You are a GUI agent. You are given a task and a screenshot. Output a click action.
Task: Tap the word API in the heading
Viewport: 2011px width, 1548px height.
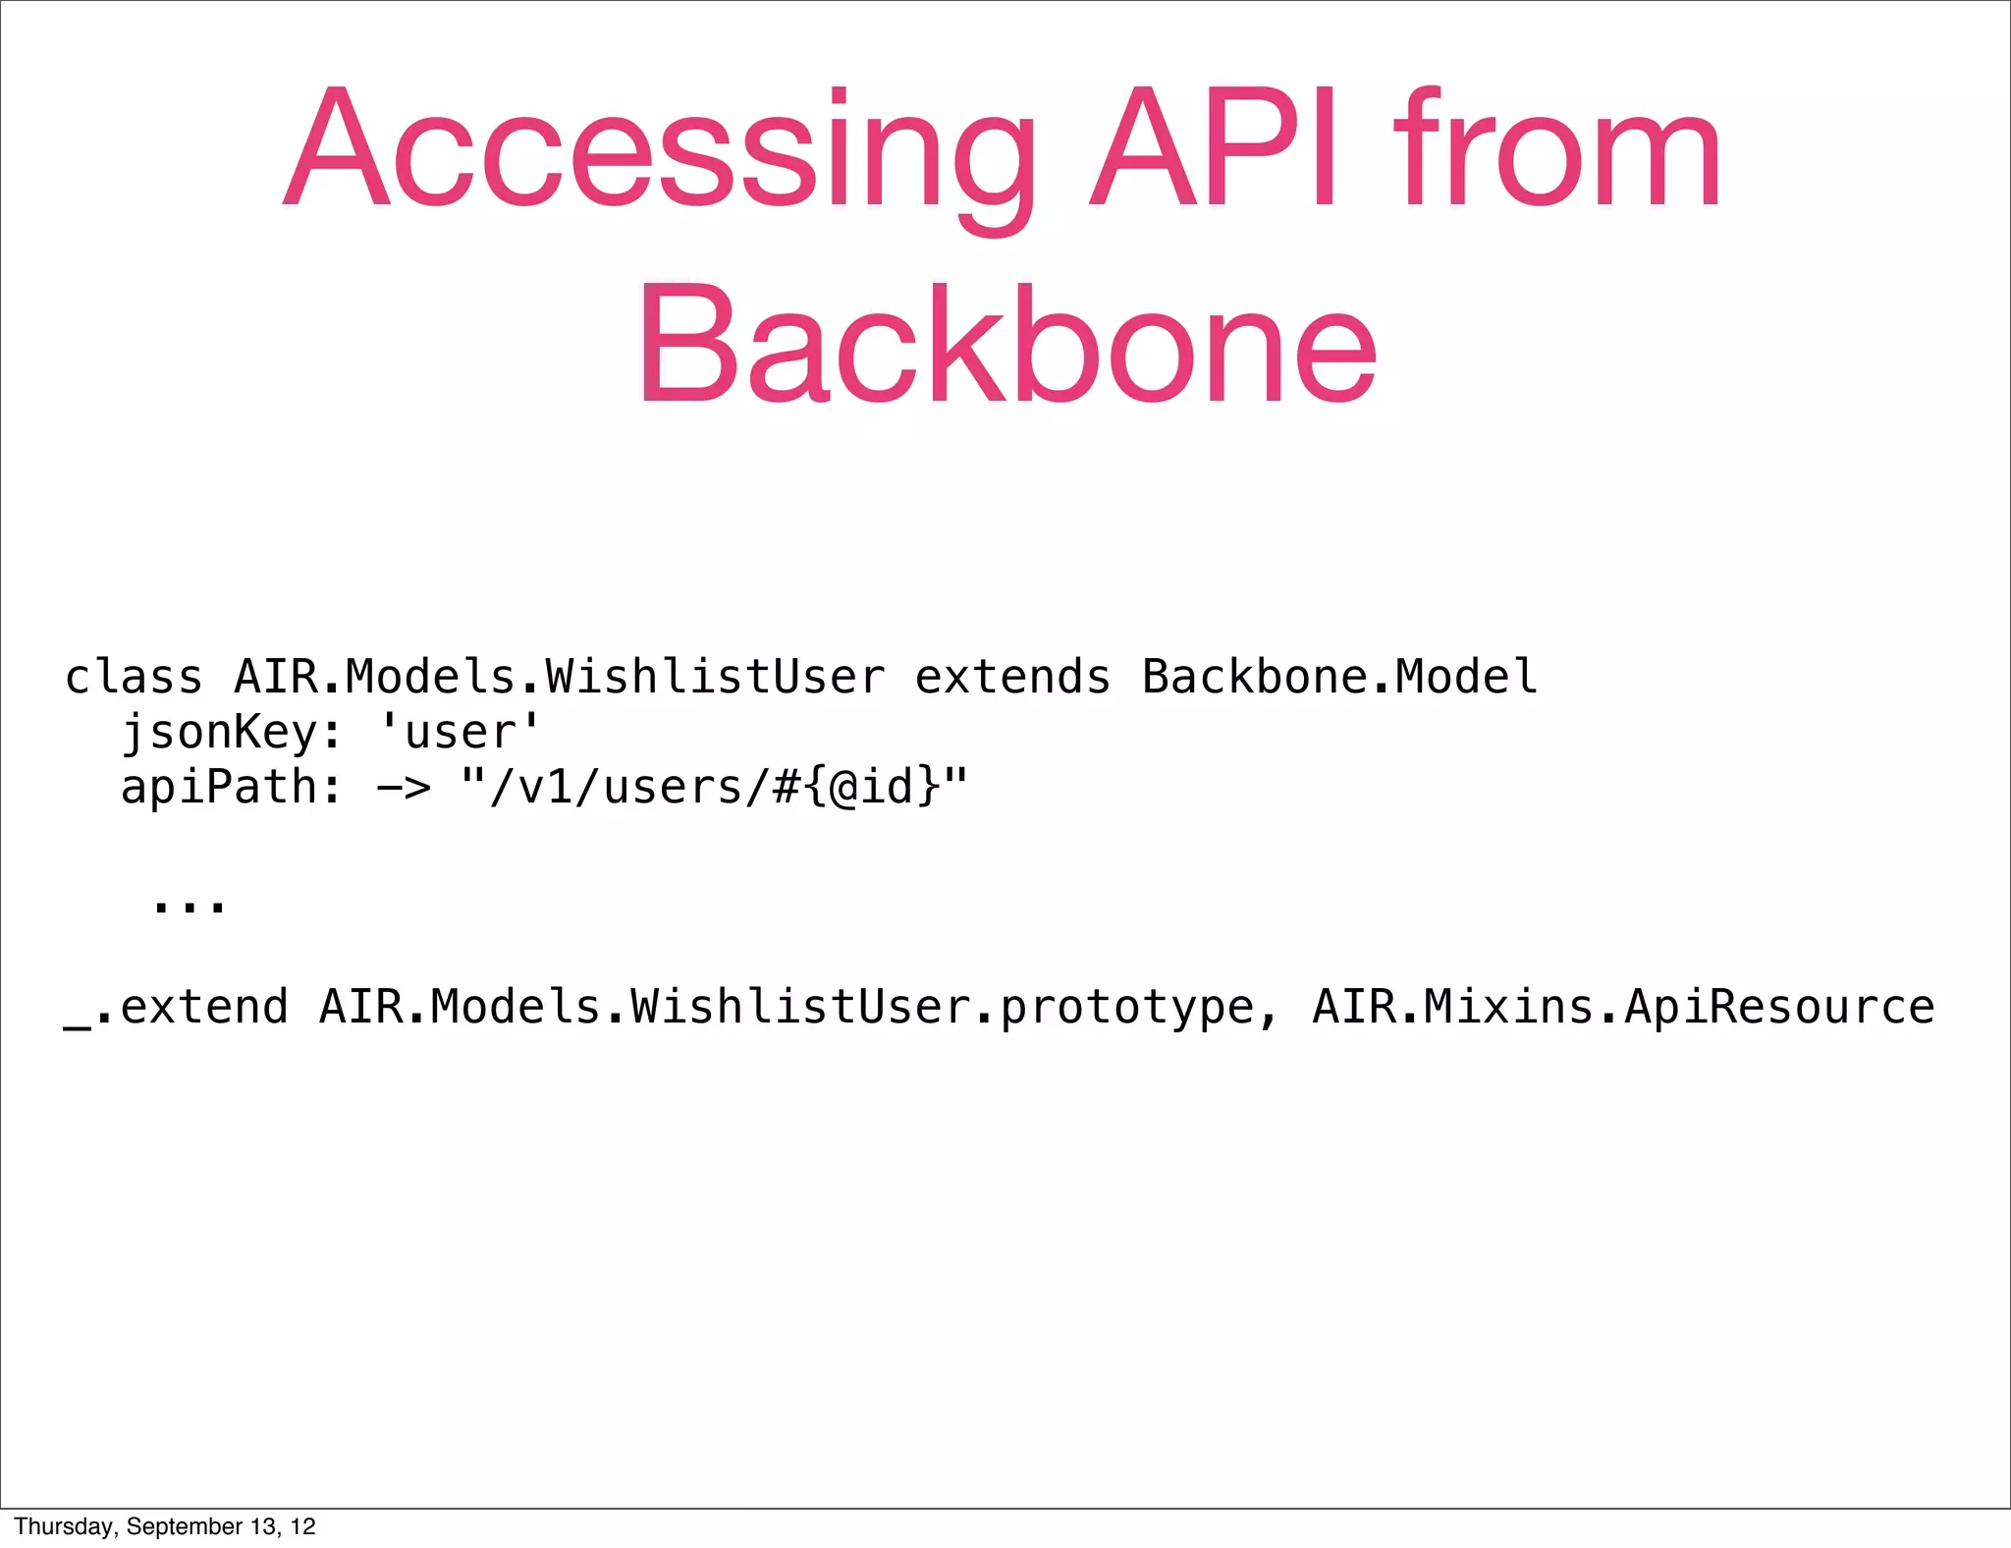coord(1214,149)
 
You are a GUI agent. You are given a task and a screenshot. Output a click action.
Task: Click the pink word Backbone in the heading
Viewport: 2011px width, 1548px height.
coord(1007,344)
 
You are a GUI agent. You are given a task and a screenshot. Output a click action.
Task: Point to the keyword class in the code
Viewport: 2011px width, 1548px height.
coord(134,677)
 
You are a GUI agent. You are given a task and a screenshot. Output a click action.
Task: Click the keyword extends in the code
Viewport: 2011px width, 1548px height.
coord(1012,677)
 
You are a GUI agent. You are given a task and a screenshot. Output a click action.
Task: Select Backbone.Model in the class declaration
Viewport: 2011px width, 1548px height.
coord(1339,677)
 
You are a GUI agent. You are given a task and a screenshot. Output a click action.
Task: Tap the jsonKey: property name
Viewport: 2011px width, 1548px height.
coord(232,733)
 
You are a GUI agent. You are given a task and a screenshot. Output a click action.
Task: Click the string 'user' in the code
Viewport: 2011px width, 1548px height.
coord(460,733)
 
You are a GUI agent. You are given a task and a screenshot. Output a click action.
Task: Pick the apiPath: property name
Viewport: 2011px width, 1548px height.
coord(232,788)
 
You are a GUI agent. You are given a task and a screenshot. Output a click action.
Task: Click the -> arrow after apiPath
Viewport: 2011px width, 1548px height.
coord(404,788)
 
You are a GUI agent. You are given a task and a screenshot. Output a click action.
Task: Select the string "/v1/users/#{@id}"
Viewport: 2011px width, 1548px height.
coord(714,788)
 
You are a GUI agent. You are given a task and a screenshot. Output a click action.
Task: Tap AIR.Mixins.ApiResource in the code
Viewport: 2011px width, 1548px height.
coord(1623,1008)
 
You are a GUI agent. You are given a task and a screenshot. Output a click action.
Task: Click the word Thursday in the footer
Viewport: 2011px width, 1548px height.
coord(66,1526)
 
